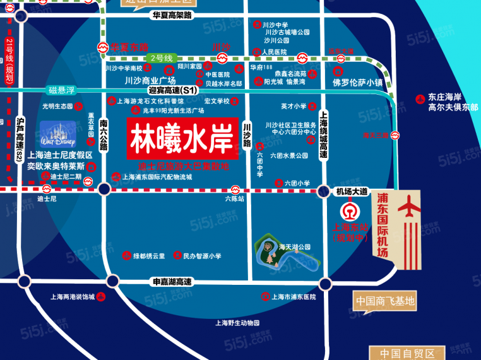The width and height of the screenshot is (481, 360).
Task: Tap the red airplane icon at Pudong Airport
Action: click(411, 208)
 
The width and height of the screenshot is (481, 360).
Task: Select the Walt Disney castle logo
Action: click(57, 133)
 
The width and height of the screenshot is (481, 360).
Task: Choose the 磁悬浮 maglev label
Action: click(62, 90)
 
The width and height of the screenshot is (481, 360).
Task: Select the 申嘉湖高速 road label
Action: click(172, 282)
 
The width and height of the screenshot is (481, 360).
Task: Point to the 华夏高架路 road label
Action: click(172, 14)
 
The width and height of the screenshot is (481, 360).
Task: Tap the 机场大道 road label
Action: click(352, 191)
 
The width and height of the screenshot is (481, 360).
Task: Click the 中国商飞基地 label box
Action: click(384, 301)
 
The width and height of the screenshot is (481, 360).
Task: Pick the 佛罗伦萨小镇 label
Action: click(358, 82)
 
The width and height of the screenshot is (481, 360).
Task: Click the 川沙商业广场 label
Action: click(150, 80)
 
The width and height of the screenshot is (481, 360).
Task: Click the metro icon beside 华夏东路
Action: click(102, 47)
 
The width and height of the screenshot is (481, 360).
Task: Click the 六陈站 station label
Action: click(235, 198)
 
